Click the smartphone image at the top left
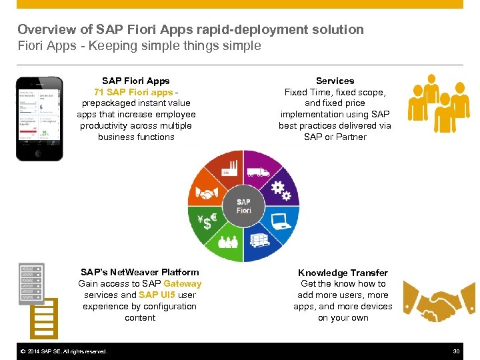coord(39,118)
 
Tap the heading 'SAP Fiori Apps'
coord(136,81)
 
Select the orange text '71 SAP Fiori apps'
coord(133,92)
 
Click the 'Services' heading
coord(335,81)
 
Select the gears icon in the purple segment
coord(281,191)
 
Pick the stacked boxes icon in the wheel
coord(259,242)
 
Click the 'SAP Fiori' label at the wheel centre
coord(243,206)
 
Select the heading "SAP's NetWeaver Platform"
coord(140,272)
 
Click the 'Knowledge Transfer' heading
coord(343,273)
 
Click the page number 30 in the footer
coord(457,351)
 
